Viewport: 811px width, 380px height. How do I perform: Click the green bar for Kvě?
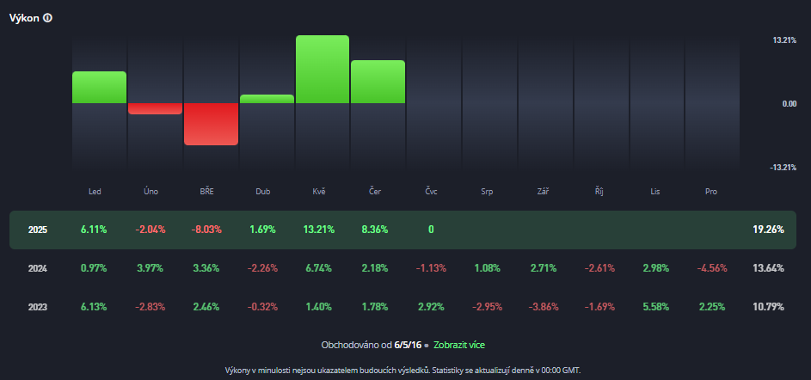coord(323,70)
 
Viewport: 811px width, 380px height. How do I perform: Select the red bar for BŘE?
coord(211,124)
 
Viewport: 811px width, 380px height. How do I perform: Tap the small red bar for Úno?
coord(155,108)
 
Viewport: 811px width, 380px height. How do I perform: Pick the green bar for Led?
coord(99,88)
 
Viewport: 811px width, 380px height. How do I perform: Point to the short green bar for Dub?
coord(267,99)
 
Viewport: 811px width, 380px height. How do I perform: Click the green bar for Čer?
coord(378,82)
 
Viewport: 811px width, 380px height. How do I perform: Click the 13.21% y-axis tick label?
coord(784,40)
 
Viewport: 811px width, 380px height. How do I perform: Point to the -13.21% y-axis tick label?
coord(783,167)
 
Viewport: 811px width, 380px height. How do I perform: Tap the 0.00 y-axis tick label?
coord(789,103)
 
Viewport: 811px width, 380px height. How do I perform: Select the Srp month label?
coord(487,191)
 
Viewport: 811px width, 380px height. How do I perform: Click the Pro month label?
coord(710,191)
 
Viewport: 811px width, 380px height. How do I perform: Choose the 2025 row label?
coord(38,230)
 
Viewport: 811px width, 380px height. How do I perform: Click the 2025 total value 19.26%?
coord(767,230)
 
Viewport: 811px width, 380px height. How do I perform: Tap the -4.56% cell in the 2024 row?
coord(711,268)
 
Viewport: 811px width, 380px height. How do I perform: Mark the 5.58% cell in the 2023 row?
coord(655,307)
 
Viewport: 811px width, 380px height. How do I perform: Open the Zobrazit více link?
coord(459,345)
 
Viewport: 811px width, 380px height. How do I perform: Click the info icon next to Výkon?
coord(47,18)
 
